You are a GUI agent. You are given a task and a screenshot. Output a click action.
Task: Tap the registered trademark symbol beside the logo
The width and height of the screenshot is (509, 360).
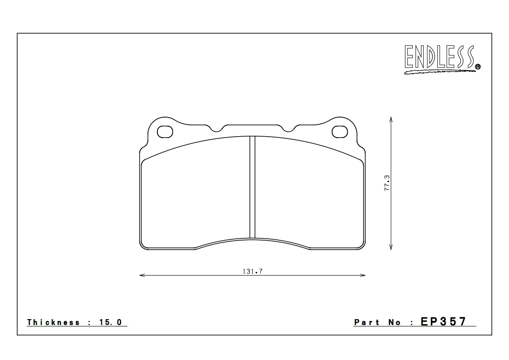(x=478, y=67)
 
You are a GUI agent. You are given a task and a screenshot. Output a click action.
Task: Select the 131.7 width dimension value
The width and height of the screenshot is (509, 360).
(x=253, y=271)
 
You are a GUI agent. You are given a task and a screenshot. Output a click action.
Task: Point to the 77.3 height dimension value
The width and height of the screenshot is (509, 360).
(x=387, y=183)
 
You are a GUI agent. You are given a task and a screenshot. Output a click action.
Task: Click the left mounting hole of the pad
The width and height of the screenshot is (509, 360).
(x=165, y=132)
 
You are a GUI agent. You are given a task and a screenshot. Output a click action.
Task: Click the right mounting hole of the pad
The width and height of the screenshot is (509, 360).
(x=340, y=132)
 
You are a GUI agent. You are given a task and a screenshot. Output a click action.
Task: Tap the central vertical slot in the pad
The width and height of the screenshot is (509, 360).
(x=252, y=187)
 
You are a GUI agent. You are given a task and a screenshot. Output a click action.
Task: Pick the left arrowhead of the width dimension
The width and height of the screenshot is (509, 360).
(x=141, y=275)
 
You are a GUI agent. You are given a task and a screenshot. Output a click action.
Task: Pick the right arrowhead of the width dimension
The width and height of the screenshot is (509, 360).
(x=364, y=275)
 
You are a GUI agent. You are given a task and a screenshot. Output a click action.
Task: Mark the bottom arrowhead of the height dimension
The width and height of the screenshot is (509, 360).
(x=391, y=247)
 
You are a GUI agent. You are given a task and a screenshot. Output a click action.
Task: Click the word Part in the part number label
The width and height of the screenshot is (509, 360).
(x=367, y=322)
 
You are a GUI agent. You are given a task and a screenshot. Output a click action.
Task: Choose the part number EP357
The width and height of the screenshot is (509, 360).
(x=443, y=322)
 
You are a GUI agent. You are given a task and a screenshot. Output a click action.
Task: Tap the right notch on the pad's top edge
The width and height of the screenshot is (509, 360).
(x=289, y=128)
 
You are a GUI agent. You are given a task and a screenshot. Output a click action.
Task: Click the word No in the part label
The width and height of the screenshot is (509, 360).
(x=394, y=322)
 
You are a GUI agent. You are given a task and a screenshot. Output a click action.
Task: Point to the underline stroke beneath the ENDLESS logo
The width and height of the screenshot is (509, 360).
(x=438, y=71)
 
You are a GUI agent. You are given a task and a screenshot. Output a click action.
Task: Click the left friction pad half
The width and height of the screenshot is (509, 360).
(x=195, y=195)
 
